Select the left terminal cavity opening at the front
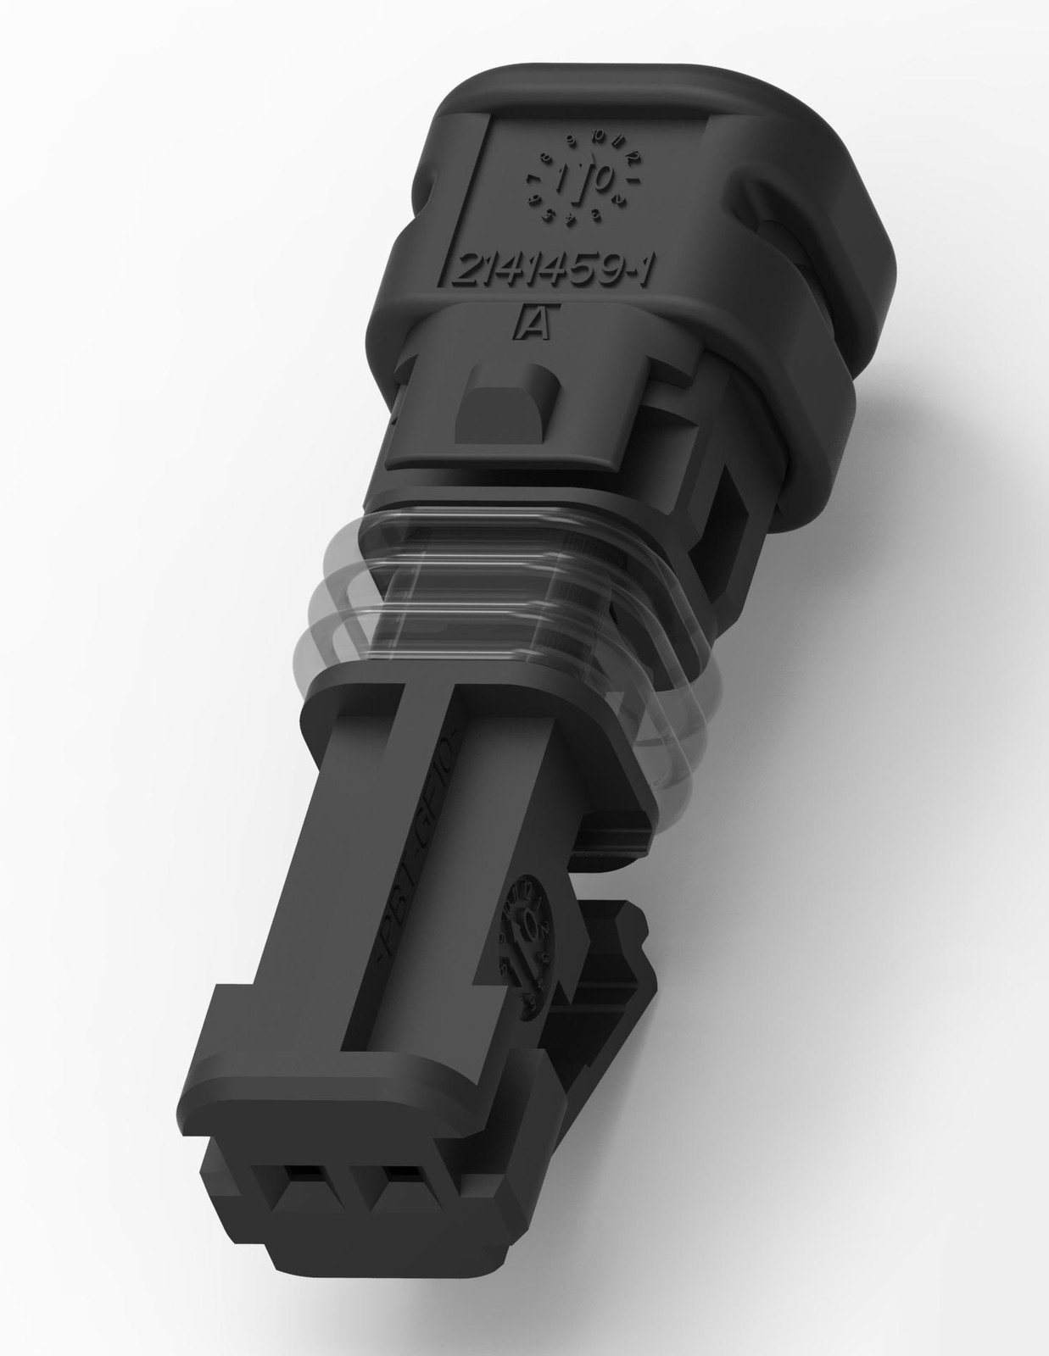pyautogui.click(x=296, y=1175)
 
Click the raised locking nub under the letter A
pyautogui.click(x=504, y=407)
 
